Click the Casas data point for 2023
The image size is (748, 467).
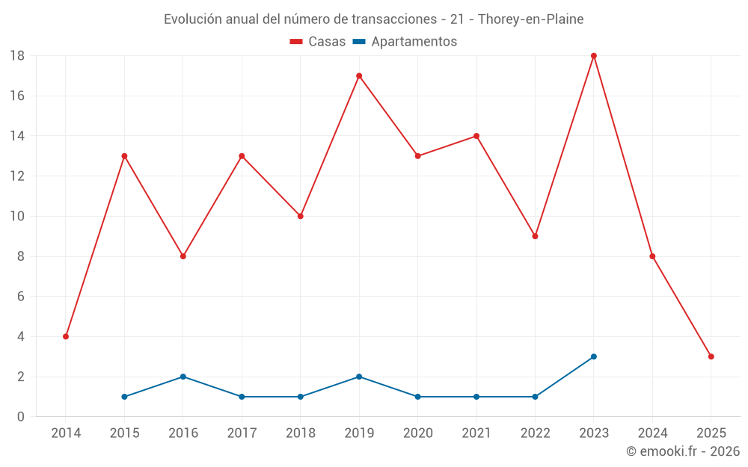[x=594, y=56]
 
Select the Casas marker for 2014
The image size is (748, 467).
[x=66, y=336]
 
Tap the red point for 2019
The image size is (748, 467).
[x=359, y=75]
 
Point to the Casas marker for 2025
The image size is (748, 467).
[x=711, y=356]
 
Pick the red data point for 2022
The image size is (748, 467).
[x=535, y=236]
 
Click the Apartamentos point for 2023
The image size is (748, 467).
[x=594, y=356]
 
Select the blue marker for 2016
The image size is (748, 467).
[x=183, y=377]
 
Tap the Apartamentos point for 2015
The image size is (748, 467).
[x=124, y=397]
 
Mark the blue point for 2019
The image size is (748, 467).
[x=359, y=377]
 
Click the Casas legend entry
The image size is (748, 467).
[x=318, y=42]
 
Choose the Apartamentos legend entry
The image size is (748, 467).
[x=405, y=42]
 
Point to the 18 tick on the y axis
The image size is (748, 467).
[x=17, y=56]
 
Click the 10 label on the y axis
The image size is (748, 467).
[x=17, y=217]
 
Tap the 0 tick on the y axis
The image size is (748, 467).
[x=21, y=417]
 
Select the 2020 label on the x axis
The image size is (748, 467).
[x=417, y=433]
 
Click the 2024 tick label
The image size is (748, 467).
[x=652, y=433]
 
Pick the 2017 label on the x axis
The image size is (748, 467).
[x=242, y=433]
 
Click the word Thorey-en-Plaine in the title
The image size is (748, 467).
[x=530, y=19]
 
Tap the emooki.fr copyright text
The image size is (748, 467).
[x=682, y=451]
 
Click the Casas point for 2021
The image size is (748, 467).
[x=476, y=136]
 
